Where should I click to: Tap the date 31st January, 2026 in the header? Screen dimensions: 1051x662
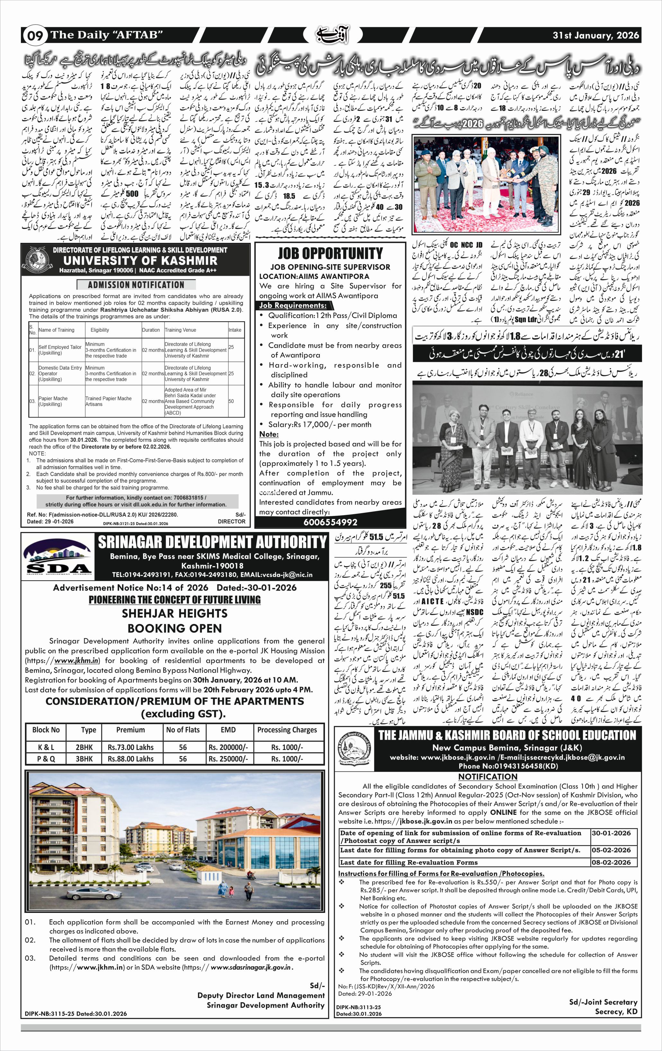596,35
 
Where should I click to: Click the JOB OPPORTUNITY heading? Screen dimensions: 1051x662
330,253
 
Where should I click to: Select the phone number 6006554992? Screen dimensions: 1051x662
330,522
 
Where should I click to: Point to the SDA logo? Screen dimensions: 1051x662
57,557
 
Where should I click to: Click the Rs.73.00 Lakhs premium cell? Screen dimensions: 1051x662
130,747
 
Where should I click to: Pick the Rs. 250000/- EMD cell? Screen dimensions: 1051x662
228,759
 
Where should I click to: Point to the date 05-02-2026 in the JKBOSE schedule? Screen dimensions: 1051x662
611,850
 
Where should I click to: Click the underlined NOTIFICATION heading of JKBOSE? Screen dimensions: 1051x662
488,777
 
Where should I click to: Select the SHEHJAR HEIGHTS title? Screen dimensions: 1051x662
174,613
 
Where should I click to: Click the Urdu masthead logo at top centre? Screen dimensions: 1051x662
332,35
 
